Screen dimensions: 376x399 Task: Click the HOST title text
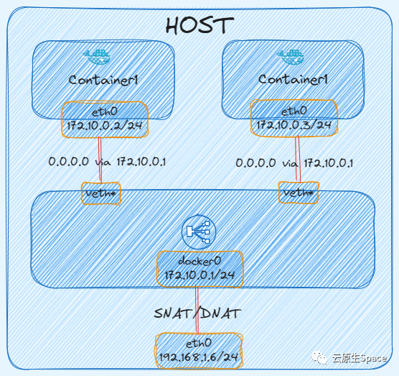coord(199,25)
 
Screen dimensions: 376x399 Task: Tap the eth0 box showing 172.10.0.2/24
coord(105,119)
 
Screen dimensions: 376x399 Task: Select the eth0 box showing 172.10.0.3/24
coord(294,118)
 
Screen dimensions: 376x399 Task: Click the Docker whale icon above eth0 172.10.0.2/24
coord(95,54)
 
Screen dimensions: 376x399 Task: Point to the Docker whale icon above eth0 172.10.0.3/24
coord(291,54)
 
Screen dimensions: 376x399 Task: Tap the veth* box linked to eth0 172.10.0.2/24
coord(100,194)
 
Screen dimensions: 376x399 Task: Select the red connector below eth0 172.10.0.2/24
coord(100,162)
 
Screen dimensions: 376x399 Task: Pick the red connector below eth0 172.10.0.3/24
coord(296,162)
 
